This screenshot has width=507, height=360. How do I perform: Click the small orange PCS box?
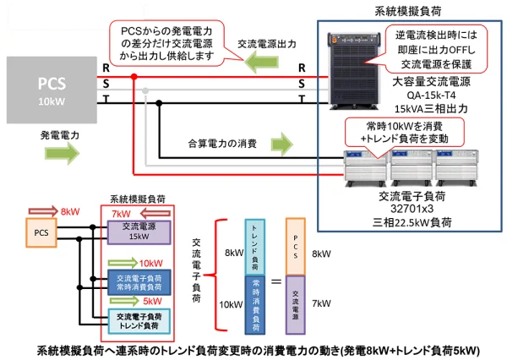tap(41, 231)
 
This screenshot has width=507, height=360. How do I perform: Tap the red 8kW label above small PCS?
tap(71, 211)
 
